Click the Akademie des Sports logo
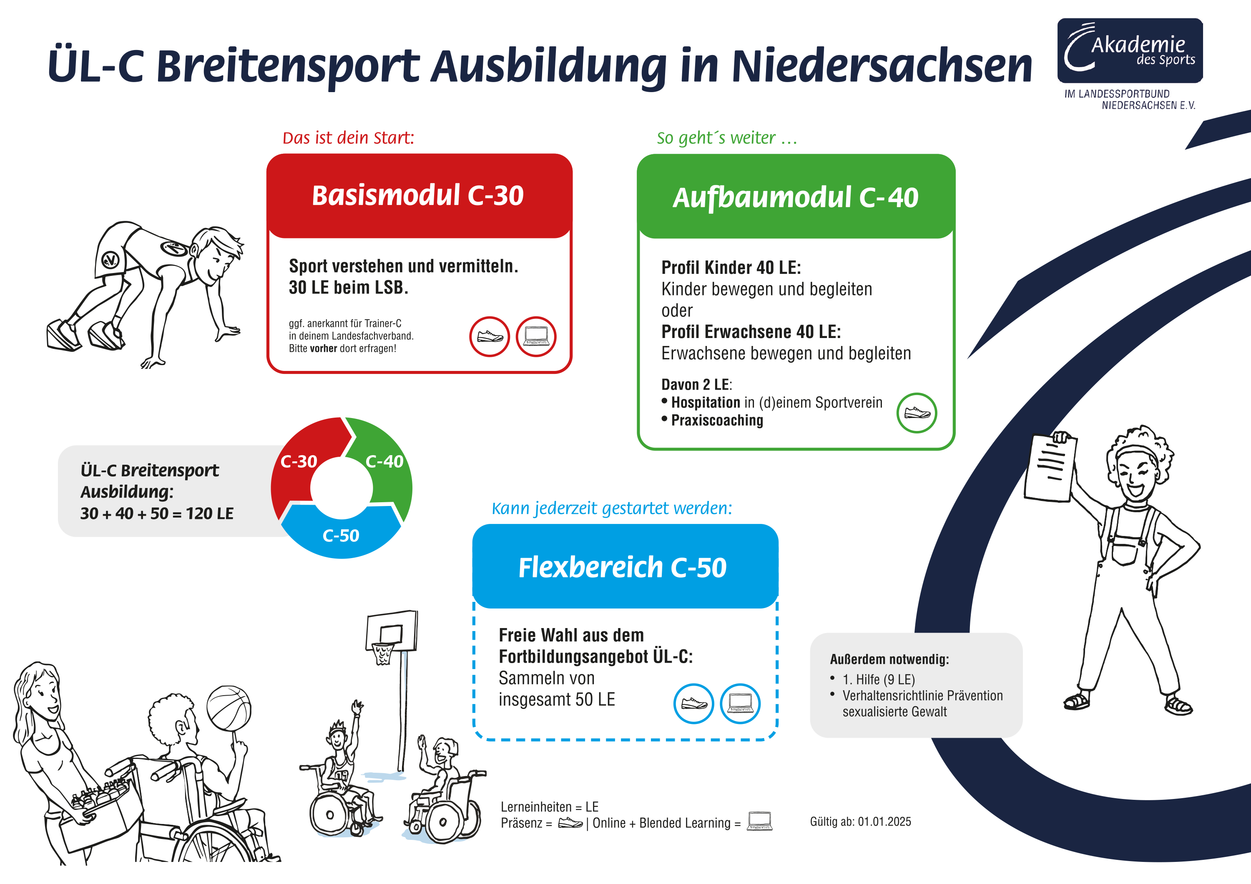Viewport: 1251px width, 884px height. [x=1130, y=51]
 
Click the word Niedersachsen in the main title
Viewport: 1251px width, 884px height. [x=882, y=66]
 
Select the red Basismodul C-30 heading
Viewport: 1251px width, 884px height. [x=418, y=195]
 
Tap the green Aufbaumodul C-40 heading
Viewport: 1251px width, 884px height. [x=796, y=197]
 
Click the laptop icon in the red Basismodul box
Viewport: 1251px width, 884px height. [x=536, y=337]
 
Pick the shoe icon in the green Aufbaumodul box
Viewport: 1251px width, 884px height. [x=917, y=413]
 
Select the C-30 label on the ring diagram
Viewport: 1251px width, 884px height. [x=299, y=462]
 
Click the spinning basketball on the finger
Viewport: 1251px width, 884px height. [x=229, y=708]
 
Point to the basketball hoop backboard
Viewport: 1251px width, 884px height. [x=391, y=630]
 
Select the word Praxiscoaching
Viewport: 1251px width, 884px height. [x=717, y=421]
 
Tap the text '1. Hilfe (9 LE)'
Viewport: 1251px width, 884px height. [x=878, y=679]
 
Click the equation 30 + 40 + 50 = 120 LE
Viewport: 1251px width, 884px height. [x=157, y=513]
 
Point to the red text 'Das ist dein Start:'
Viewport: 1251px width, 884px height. [x=348, y=138]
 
